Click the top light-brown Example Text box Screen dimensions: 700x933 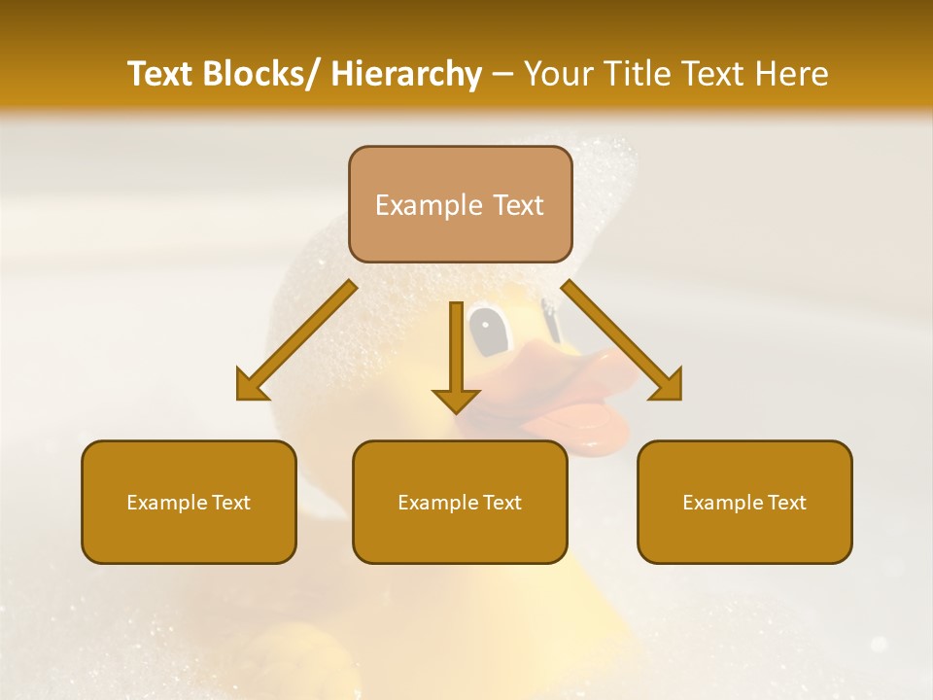pyautogui.click(x=460, y=204)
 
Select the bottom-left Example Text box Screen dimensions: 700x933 pyautogui.click(x=189, y=502)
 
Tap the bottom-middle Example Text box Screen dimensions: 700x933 pyautogui.click(x=460, y=502)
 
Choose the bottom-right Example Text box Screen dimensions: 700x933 pyautogui.click(x=744, y=502)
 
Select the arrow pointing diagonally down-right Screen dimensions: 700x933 pyautogui.click(x=622, y=340)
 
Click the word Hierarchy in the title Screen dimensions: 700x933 pyautogui.click(x=406, y=74)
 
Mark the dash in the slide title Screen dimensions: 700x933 pyautogui.click(x=502, y=74)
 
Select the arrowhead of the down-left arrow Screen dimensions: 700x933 pyautogui.click(x=251, y=386)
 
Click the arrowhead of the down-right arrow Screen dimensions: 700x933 pyautogui.click(x=667, y=386)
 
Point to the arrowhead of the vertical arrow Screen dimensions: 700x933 pyautogui.click(x=456, y=400)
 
